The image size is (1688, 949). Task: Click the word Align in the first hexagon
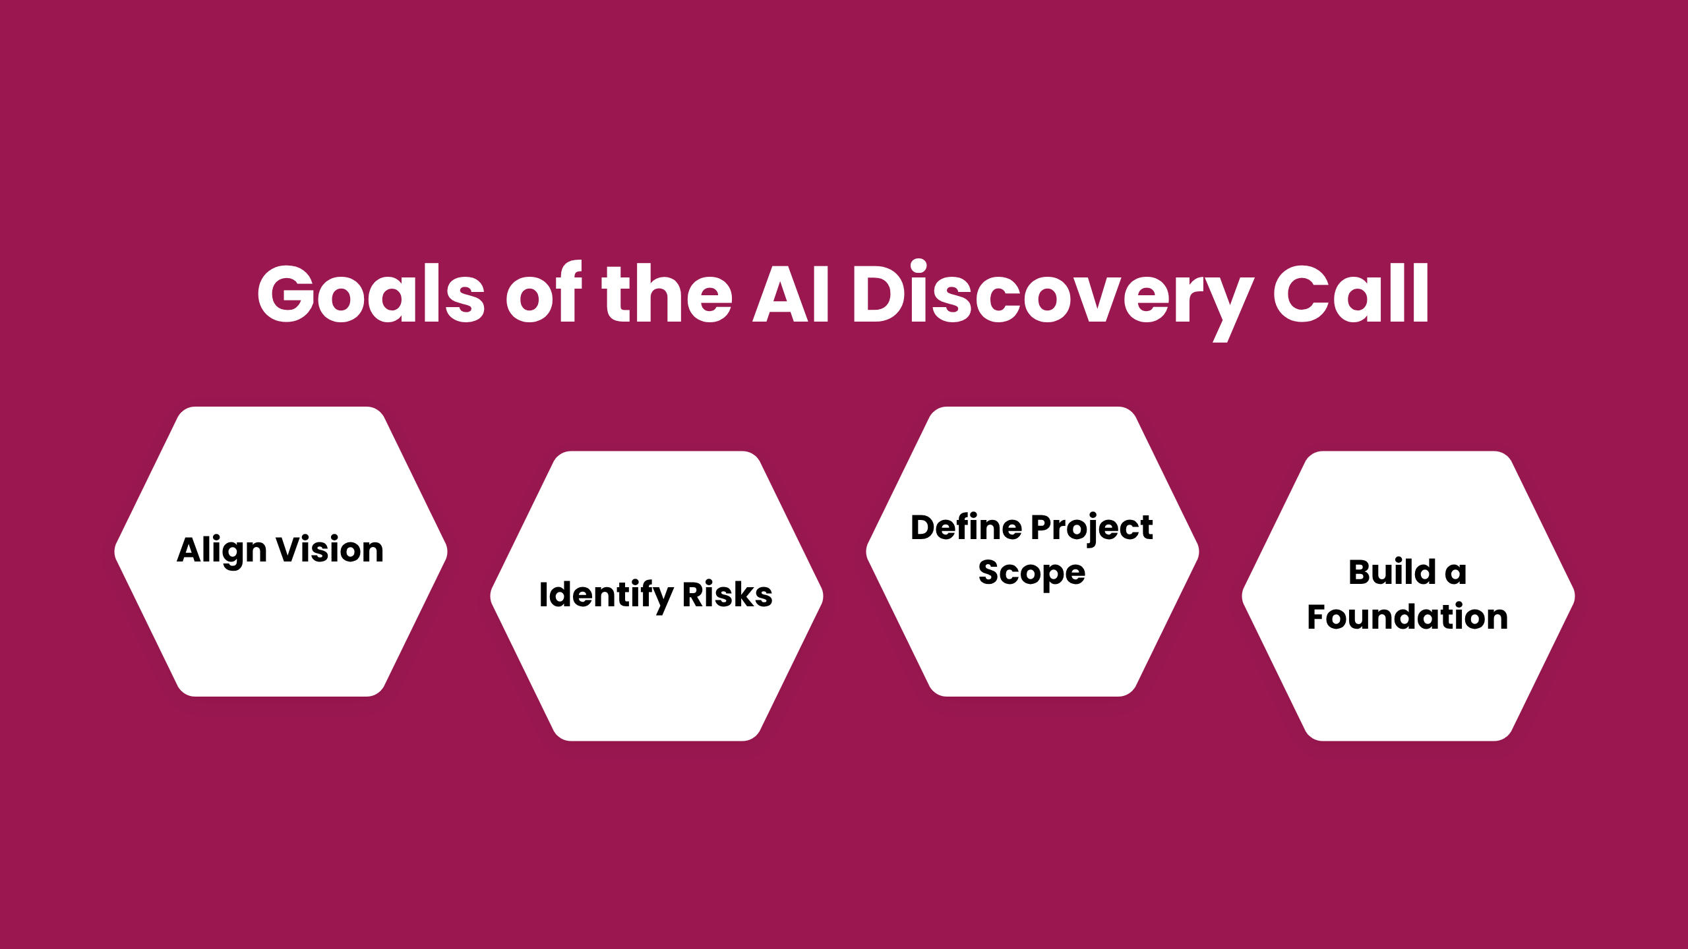pos(222,551)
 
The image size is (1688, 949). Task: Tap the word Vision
pos(330,550)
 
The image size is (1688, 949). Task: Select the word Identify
pos(606,595)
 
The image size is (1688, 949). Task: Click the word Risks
pos(727,594)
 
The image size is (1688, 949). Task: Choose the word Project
pos(1092,529)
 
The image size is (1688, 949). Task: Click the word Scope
pos(1032,573)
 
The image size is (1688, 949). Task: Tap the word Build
pos(1392,572)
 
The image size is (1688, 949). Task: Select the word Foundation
pos(1408,618)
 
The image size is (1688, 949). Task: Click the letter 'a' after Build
pos(1456,573)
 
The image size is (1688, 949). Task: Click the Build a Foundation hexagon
pos(1408,679)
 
